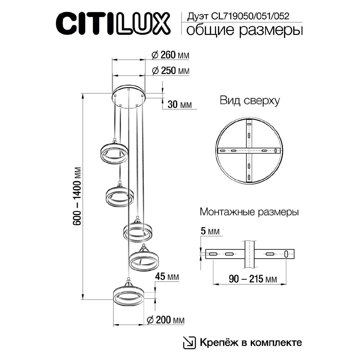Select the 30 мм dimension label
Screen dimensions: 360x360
point(179,105)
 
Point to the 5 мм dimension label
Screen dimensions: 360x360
point(209,232)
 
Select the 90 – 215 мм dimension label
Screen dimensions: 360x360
point(253,279)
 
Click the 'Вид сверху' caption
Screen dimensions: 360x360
point(250,100)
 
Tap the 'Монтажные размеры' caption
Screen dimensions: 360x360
point(249,212)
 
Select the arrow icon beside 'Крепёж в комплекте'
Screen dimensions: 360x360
point(189,343)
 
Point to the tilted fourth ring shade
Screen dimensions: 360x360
point(144,259)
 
